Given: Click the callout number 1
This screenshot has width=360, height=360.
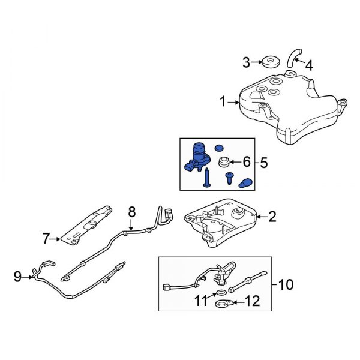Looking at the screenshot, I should click(x=223, y=103).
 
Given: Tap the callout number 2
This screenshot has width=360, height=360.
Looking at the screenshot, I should click(x=272, y=217).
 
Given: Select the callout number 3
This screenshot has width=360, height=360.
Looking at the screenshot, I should click(x=246, y=61).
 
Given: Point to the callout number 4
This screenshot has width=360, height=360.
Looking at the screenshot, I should click(x=310, y=65).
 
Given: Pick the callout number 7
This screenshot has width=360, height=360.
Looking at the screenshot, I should click(x=45, y=239).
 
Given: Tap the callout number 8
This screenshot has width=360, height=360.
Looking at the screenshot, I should click(x=133, y=211).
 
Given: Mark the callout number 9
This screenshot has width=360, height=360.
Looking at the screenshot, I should click(x=19, y=276).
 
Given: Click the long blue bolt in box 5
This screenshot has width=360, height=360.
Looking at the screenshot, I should click(x=206, y=178).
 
